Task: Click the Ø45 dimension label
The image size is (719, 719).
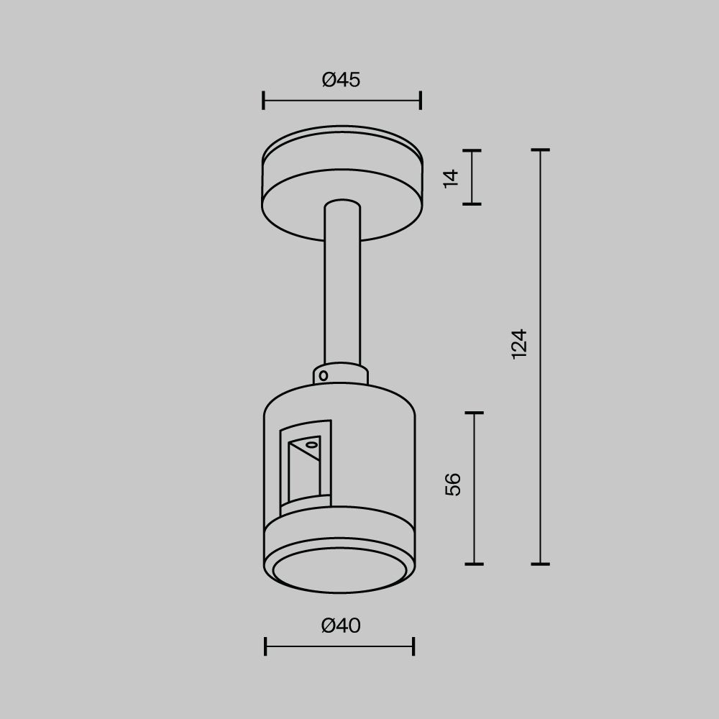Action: point(341,80)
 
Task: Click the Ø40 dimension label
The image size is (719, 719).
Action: point(341,626)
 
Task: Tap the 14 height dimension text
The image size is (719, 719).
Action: point(451,177)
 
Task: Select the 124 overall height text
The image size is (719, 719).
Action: point(519,344)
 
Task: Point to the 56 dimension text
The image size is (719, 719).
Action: point(453,484)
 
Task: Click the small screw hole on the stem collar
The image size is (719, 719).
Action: point(324,375)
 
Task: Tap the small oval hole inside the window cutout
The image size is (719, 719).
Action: point(311,446)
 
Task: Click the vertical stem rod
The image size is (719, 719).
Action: point(342,288)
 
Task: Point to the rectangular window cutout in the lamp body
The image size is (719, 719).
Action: point(306,467)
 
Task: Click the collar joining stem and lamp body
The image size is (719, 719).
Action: point(342,374)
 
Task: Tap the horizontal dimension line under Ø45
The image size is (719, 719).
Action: point(342,101)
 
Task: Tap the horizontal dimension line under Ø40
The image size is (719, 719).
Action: point(339,646)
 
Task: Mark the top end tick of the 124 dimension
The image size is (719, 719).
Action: point(540,150)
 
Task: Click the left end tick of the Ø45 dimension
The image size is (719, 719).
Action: point(264,101)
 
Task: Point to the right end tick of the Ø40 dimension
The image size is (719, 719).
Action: point(413,646)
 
